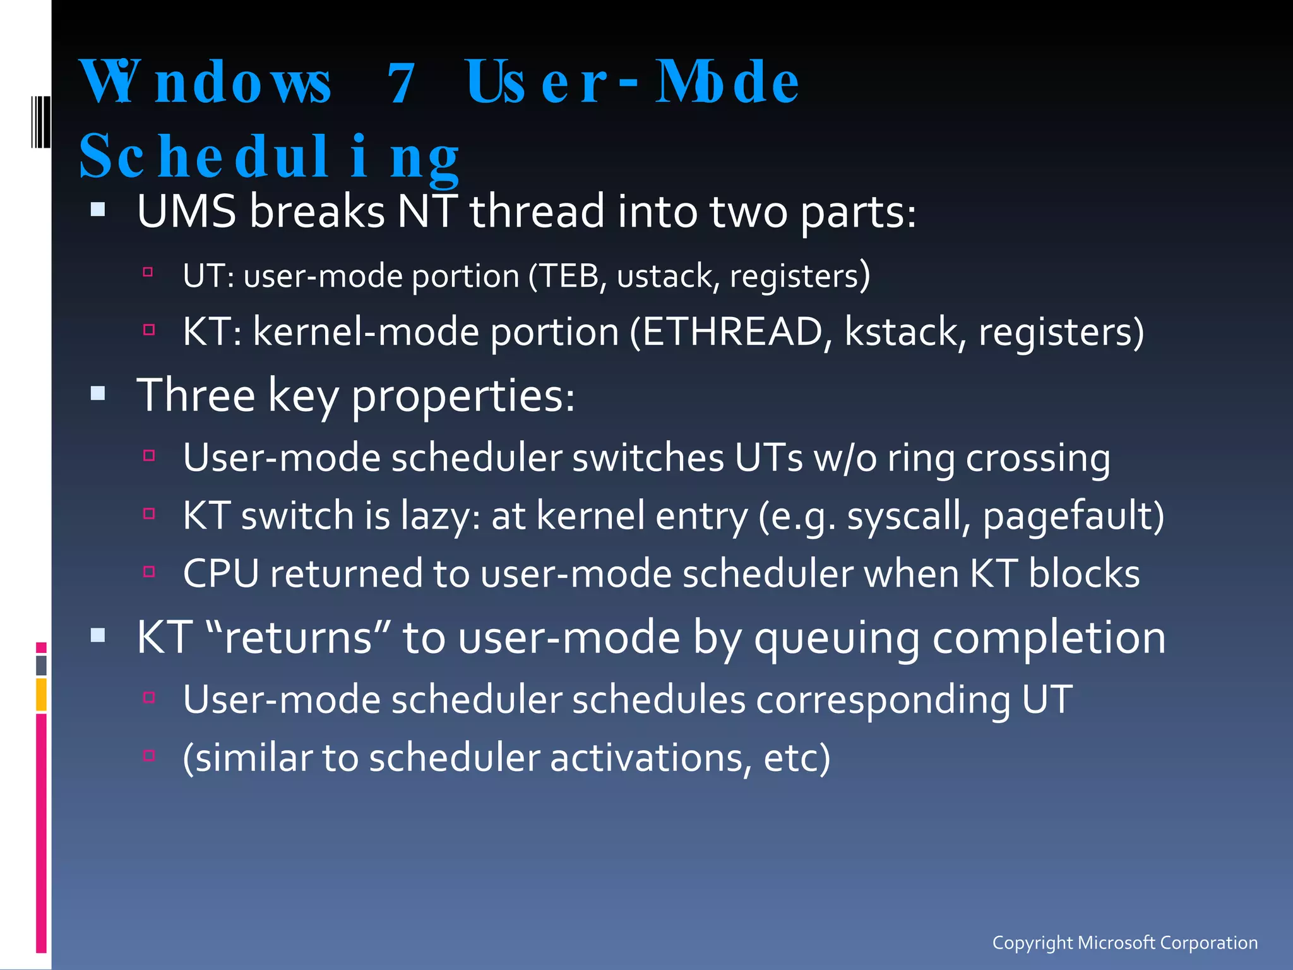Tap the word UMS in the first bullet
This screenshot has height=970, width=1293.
coord(186,212)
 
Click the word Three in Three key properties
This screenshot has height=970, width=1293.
coord(196,396)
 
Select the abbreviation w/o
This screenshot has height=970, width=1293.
coord(845,458)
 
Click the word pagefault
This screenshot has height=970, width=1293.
coord(1067,516)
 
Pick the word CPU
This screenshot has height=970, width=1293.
coord(221,574)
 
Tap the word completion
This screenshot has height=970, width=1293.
coord(1049,637)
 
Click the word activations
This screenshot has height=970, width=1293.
coord(650,758)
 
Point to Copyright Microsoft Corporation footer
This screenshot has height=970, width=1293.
coord(1124,943)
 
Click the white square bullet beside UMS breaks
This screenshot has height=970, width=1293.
coord(98,210)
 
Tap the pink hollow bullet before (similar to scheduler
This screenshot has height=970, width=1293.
coord(149,755)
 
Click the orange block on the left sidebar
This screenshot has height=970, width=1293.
coord(41,694)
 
